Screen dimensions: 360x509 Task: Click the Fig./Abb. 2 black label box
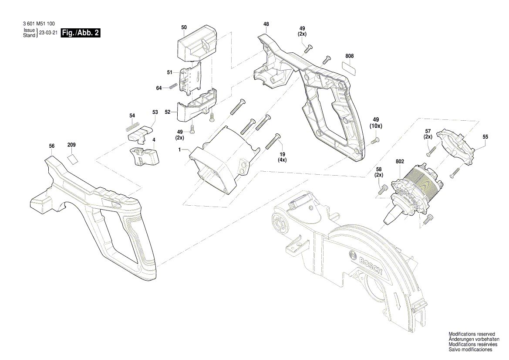(81, 33)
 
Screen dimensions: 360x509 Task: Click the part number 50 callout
(184, 27)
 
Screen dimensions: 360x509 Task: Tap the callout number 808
(349, 56)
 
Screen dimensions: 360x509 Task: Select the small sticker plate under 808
(349, 67)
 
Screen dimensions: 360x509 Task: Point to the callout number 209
(71, 145)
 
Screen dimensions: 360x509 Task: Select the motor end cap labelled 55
(456, 146)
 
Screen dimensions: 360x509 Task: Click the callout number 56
(52, 146)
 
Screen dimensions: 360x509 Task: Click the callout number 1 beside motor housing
(179, 149)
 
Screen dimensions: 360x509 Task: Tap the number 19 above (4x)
(282, 154)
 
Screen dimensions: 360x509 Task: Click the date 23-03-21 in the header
(48, 33)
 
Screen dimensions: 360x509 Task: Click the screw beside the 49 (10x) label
(376, 140)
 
